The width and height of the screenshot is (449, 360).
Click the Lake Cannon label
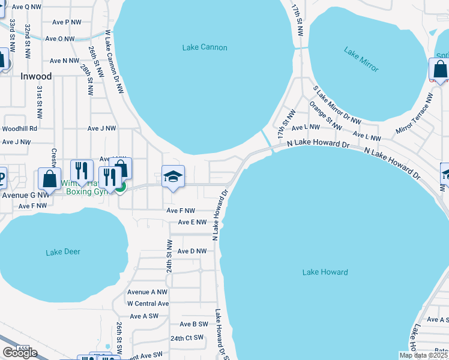tap(204, 47)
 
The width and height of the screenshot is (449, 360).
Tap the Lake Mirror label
tap(361, 59)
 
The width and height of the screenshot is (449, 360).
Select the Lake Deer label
tap(63, 252)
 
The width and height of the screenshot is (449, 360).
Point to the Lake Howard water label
tap(325, 272)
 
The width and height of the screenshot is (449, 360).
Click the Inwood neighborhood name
tap(36, 76)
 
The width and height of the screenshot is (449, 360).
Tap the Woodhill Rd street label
tap(19, 128)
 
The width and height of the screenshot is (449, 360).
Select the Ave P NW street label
tap(67, 22)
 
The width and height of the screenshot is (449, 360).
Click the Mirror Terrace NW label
tap(414, 113)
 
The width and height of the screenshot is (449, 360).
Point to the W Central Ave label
tap(148, 304)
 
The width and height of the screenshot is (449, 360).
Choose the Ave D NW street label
tap(192, 251)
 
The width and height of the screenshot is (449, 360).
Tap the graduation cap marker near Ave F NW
tap(173, 177)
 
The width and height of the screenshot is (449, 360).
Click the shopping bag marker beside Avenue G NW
tap(49, 179)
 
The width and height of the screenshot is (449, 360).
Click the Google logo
tap(20, 353)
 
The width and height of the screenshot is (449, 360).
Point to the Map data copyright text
tap(423, 355)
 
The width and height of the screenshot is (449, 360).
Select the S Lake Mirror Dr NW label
tap(337, 106)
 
